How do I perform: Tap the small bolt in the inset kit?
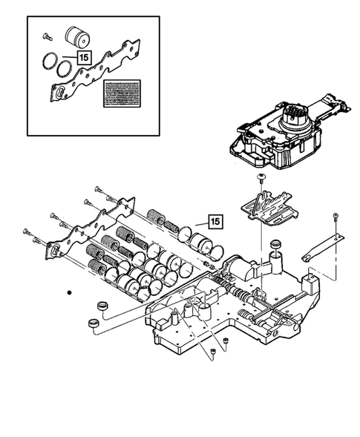(x=46, y=34)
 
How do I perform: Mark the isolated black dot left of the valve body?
(x=68, y=294)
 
